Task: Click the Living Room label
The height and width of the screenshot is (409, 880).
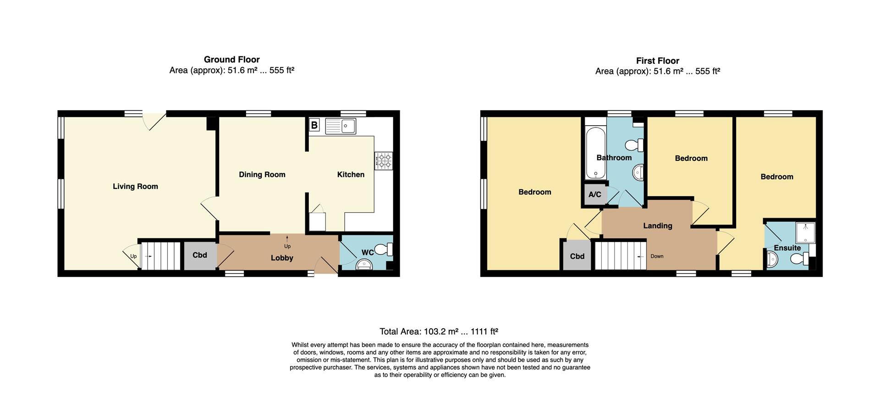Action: (x=135, y=186)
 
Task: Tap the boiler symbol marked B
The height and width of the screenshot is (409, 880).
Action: (x=314, y=125)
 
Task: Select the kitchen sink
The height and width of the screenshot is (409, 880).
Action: (x=341, y=126)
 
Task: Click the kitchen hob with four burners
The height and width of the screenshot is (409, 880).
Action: (x=384, y=161)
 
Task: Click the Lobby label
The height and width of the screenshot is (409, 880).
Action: (x=281, y=258)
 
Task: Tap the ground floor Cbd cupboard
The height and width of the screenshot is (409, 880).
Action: (x=199, y=255)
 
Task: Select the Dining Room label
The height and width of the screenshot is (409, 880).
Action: (x=262, y=174)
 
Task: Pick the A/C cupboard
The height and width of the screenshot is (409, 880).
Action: (x=594, y=194)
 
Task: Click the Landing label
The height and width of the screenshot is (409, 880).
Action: (x=657, y=226)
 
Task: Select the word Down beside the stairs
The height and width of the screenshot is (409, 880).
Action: (x=656, y=256)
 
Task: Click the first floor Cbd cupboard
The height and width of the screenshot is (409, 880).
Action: (x=577, y=256)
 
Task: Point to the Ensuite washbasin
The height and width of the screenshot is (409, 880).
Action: (x=772, y=260)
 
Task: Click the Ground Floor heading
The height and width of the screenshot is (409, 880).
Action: (x=231, y=60)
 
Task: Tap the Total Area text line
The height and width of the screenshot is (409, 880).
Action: (x=439, y=332)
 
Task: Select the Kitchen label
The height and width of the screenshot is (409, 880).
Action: (x=351, y=174)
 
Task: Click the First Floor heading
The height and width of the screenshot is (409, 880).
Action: (x=657, y=61)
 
